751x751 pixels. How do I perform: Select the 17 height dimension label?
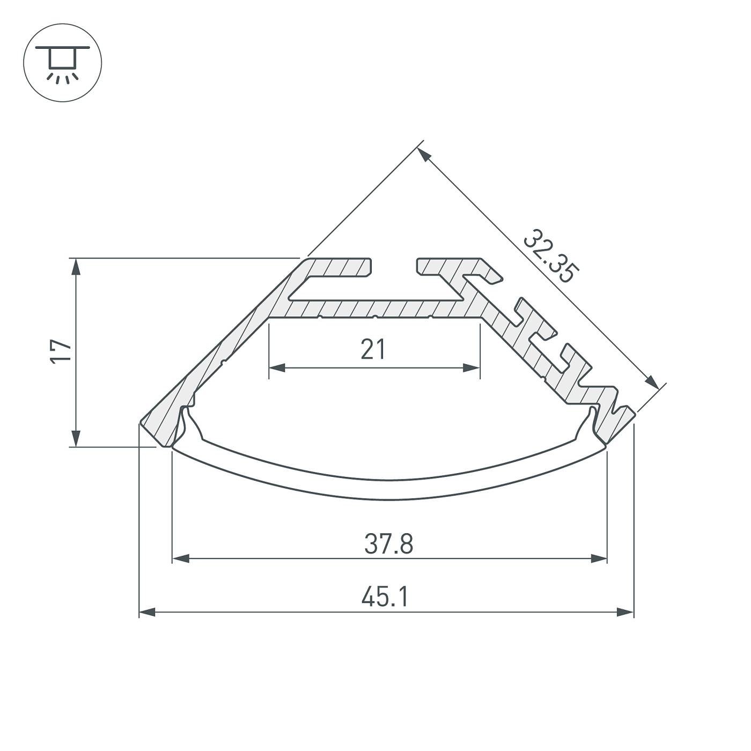(x=62, y=352)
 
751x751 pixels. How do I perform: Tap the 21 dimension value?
(x=373, y=350)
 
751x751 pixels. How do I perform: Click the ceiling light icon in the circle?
(x=62, y=62)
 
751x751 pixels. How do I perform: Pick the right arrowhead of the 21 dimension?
(x=472, y=368)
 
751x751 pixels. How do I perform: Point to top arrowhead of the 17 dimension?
(x=77, y=267)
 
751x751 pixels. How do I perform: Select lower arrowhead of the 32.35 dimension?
(x=651, y=381)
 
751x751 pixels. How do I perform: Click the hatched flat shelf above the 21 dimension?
(x=376, y=308)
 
